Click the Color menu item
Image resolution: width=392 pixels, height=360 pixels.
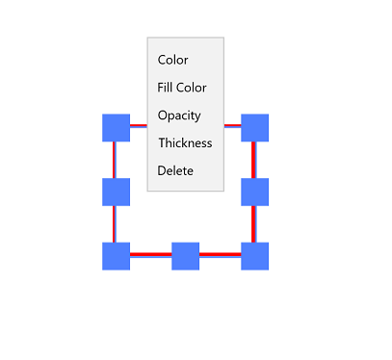pos(173,60)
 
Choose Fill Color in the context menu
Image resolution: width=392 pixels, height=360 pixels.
pos(182,88)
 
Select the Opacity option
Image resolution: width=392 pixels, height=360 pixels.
pos(179,116)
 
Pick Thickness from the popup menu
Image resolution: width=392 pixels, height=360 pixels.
pos(185,142)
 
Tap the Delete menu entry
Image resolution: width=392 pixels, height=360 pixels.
pos(175,170)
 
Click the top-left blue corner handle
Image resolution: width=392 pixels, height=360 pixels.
pos(116,127)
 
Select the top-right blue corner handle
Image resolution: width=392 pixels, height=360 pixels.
pos(254,127)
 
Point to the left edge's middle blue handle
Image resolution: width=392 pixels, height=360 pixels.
pos(116,192)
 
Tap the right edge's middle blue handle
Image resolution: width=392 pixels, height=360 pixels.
pos(254,192)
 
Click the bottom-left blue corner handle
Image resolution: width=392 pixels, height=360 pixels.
pos(116,256)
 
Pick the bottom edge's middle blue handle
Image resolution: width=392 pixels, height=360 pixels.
pos(185,256)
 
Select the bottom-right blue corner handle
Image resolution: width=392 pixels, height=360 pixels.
pos(254,256)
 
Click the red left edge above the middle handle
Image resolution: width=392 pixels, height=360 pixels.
pos(115,159)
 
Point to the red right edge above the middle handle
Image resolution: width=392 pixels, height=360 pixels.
pos(254,159)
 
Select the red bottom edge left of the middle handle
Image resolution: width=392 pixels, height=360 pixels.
pos(150,255)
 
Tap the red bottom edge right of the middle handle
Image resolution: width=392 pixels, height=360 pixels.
pos(220,255)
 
